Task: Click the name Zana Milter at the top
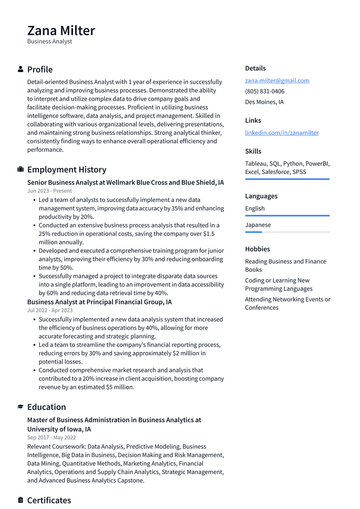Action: (61, 30)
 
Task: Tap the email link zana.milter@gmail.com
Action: (277, 81)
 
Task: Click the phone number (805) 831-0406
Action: (264, 91)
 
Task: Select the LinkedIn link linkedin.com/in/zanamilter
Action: (281, 133)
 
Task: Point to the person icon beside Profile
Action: (21, 69)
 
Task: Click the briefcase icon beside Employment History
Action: (21, 170)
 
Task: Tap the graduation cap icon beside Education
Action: (21, 407)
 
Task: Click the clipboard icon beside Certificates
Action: (21, 500)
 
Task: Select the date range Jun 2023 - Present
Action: (49, 191)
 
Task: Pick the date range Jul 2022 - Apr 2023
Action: (50, 310)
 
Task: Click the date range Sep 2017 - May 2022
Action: (51, 438)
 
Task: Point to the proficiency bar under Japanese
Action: (287, 232)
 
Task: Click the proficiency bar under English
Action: (287, 216)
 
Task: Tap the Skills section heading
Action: (253, 151)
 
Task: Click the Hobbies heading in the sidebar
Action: (257, 249)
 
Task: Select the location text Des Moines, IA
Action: (264, 102)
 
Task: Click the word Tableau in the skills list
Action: (256, 164)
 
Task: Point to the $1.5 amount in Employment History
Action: (211, 234)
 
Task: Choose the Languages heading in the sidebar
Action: (261, 196)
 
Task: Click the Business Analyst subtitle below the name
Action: (50, 41)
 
